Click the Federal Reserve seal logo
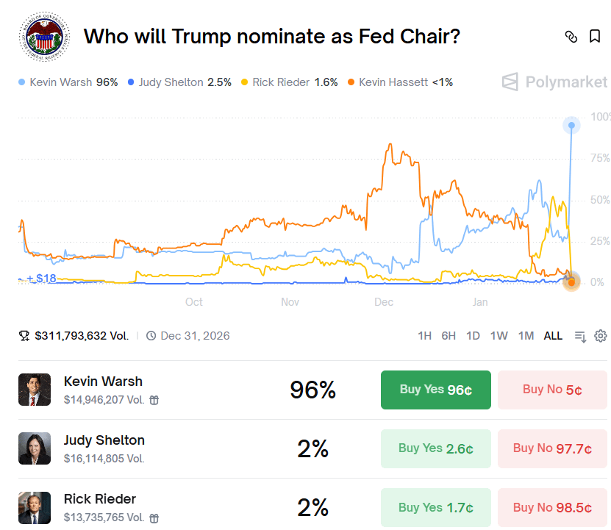pos(41,36)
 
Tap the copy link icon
pos(571,37)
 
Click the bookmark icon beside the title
pos(595,37)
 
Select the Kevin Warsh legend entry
pos(68,82)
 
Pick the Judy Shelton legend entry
pos(179,82)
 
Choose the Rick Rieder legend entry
pos(290,82)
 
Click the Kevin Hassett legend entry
pos(400,82)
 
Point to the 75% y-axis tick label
pos(600,158)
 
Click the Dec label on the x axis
pos(383,302)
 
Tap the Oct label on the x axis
pos(194,302)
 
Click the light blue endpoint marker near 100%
pos(571,126)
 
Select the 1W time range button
pos(499,336)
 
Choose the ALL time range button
pos(553,336)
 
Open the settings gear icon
pos(601,336)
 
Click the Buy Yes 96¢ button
pos(435,390)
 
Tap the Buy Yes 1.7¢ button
pos(435,507)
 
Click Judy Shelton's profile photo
pos(35,448)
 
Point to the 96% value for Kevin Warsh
pos(312,390)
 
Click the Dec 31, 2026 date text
pos(195,336)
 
